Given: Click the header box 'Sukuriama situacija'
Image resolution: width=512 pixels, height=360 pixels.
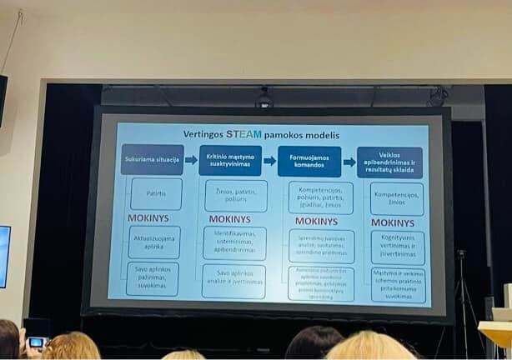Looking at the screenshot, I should coord(152,159).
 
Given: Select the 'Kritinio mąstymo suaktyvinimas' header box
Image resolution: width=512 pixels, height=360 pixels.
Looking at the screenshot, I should coord(231,160).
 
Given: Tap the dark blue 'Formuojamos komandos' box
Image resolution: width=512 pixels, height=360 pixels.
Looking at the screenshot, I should coord(309,161).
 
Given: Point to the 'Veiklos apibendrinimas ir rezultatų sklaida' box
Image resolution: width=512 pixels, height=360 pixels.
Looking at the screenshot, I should coord(389,162).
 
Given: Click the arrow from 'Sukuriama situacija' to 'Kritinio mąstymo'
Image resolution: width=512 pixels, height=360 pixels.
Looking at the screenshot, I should coord(191,159).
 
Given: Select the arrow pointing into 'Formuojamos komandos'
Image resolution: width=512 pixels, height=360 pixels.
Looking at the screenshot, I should coord(269,161).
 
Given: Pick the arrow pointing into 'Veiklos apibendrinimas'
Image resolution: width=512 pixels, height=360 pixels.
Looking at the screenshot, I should coord(349,162).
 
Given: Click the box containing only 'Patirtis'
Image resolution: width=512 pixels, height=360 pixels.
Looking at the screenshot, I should coord(155,193).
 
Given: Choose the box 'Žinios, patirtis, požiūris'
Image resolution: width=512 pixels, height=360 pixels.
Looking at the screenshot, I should coord(235,196).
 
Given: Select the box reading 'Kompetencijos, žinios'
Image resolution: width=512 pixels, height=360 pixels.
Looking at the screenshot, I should coord(397,198).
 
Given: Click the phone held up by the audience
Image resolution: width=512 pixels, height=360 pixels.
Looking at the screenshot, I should coord(36,342).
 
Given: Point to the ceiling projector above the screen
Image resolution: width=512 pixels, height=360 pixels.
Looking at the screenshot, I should coord(264,99).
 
